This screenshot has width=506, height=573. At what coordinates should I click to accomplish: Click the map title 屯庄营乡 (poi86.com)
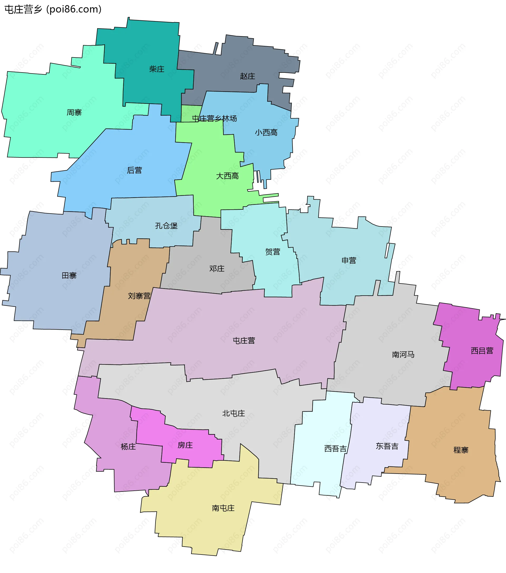point(53,9)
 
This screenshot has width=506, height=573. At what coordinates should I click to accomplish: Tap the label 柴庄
point(157,69)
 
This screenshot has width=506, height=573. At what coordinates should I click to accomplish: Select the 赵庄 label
point(247,76)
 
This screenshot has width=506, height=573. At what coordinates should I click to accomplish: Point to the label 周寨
point(74,112)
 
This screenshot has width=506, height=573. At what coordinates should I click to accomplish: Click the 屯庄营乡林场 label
point(214,119)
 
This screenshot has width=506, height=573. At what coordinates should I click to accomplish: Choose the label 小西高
point(266,132)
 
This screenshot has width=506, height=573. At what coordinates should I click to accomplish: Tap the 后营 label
point(134,170)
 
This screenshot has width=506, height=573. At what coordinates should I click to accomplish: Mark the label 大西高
point(227,176)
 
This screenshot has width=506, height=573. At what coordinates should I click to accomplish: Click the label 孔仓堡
point(166,226)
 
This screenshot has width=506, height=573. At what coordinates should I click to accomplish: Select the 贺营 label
point(273,252)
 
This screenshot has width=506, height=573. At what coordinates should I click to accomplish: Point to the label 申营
point(349,261)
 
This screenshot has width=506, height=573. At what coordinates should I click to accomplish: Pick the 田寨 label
point(69,275)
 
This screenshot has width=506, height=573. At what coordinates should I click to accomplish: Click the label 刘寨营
point(139,296)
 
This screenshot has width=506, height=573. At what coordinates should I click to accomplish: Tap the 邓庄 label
point(217,268)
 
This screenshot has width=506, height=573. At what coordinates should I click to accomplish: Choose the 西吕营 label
point(482,350)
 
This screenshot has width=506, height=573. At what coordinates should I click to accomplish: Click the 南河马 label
point(403,355)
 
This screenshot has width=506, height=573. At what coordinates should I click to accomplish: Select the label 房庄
point(185,445)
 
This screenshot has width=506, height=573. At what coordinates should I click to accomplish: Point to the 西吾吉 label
point(335,449)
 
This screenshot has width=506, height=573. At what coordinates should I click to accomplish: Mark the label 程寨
point(461,450)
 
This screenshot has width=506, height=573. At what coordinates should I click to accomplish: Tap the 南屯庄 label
point(223,508)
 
